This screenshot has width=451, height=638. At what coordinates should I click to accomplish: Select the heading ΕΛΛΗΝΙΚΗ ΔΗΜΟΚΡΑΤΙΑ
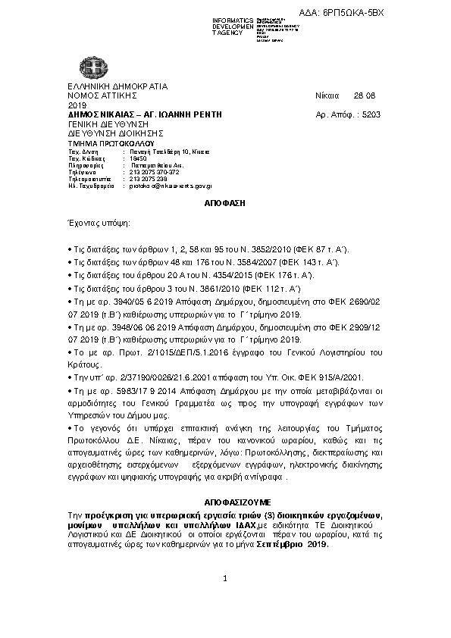117,86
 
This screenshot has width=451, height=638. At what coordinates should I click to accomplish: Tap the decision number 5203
372,114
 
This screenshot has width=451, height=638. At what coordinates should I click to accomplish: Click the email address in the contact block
171,185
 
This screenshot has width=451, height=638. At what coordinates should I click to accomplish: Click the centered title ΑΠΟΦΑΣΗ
224,204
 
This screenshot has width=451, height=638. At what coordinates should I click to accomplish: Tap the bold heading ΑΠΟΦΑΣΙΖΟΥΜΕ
225,502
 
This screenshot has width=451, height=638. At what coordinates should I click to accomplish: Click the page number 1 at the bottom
225,579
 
